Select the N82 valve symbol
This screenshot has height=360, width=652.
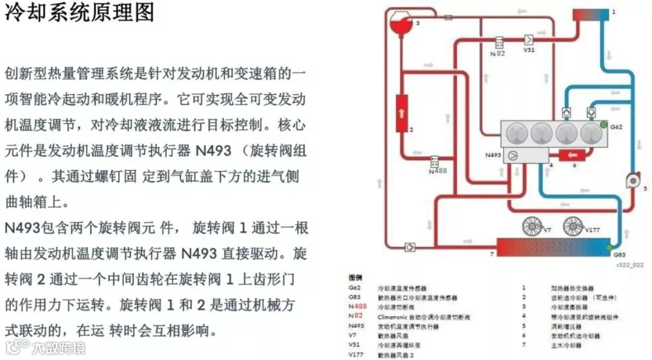tap(499, 42)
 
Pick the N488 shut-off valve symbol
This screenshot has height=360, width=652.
tap(436, 161)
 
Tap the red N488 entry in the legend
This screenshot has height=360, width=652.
tap(355, 307)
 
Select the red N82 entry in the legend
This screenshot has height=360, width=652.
tap(354, 317)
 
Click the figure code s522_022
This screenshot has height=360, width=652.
tap(627, 266)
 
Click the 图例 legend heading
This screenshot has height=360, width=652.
tap(355, 278)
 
